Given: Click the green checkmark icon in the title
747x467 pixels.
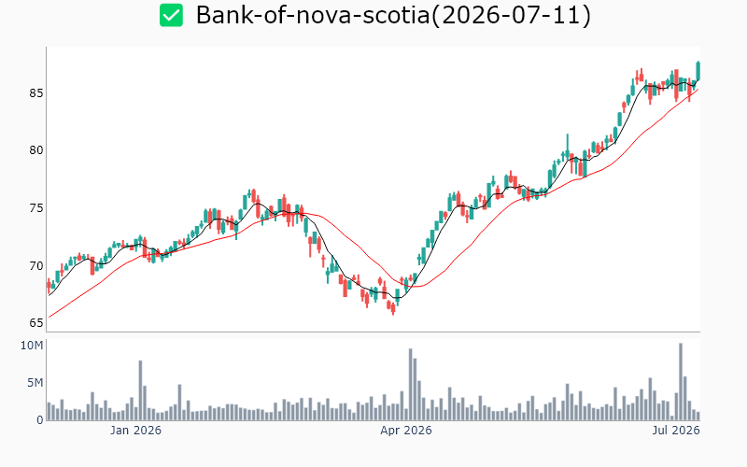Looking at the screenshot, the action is (171, 15).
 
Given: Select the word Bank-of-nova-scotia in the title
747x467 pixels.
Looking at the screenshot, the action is (313, 15).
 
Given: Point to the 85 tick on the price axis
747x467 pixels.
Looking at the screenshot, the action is (35, 92).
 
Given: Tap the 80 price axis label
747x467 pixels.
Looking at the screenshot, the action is (35, 150).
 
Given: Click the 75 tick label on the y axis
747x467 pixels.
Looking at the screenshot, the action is (35, 208).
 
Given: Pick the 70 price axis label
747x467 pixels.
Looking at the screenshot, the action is (35, 265).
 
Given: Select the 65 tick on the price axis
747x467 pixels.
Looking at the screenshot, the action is (35, 322).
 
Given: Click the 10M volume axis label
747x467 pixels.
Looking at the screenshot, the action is (32, 345).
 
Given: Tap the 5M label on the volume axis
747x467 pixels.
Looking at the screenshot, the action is (35, 383).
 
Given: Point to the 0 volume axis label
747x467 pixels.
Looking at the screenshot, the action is (39, 419).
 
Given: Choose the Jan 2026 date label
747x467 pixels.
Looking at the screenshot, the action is (135, 431).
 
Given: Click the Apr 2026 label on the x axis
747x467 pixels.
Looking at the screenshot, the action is (406, 431).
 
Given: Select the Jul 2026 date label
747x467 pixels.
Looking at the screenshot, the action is (676, 431).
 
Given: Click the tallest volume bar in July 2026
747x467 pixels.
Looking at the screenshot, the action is (681, 382).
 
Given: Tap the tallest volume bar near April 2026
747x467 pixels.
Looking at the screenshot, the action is (410, 385).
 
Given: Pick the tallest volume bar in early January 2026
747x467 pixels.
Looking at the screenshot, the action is (141, 390).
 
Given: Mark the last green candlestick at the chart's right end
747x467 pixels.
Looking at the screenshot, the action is (698, 71).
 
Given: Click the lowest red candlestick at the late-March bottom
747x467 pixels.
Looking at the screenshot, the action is (393, 308).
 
